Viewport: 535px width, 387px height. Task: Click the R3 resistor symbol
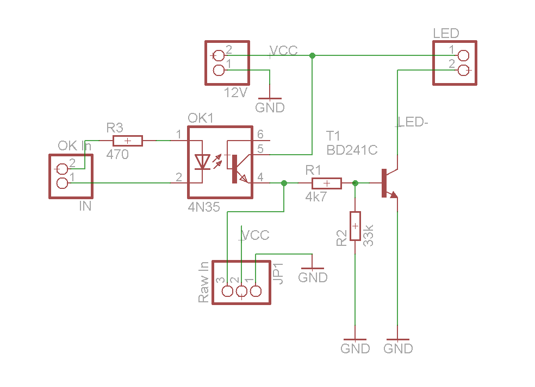(127, 141)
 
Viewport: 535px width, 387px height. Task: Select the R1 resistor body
(326, 183)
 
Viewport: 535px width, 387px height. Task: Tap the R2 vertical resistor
(354, 226)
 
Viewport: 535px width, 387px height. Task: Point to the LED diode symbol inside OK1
(203, 161)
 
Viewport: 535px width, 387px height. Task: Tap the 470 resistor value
(117, 155)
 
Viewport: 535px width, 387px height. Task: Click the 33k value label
(369, 234)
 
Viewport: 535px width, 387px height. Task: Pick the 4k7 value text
(316, 197)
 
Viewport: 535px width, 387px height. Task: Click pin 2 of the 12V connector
(219, 55)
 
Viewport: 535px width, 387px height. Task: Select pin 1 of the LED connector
(463, 55)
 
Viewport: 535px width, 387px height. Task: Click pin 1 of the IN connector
(63, 183)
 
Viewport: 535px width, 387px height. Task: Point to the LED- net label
(414, 123)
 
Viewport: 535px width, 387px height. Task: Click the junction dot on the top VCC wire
(312, 55)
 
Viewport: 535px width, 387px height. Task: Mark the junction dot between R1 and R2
(355, 183)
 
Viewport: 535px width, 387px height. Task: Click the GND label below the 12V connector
(270, 107)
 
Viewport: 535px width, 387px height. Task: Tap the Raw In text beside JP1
(203, 282)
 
